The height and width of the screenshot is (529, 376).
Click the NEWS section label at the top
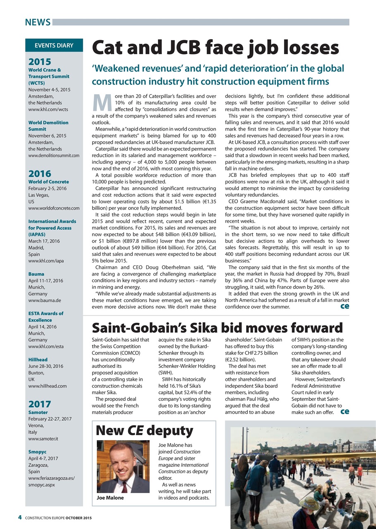tap(38, 22)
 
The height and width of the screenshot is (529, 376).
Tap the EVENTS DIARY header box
tap(54, 45)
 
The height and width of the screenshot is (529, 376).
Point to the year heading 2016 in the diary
tap(40, 174)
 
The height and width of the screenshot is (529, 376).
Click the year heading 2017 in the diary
tap(40, 404)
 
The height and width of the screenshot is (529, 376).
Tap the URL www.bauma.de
tap(44, 300)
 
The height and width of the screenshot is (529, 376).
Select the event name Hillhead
tap(38, 360)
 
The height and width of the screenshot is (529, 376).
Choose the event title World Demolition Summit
tap(48, 126)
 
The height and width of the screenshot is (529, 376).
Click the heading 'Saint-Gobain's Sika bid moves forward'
tap(217, 328)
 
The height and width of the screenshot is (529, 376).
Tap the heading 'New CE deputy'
tap(144, 431)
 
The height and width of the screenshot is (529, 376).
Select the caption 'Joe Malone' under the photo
tap(110, 498)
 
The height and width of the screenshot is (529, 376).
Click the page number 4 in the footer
tap(19, 518)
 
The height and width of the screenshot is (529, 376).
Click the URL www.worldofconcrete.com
tap(54, 208)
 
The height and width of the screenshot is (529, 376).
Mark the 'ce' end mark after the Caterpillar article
tap(344, 306)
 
